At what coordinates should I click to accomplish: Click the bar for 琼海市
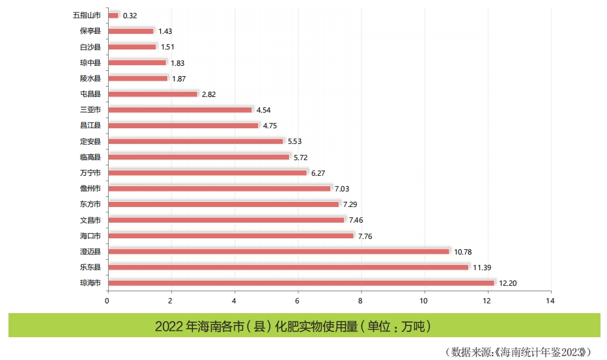pyautogui.click(x=301, y=283)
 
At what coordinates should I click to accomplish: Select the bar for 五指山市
pyautogui.click(x=113, y=15)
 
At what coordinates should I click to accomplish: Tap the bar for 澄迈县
pyautogui.click(x=278, y=251)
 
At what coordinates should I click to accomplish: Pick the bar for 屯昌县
pyautogui.click(x=152, y=94)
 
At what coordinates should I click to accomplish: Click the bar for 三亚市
pyautogui.click(x=180, y=109)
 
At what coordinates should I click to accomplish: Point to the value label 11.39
pyautogui.click(x=483, y=267)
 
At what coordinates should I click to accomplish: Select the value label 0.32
pyautogui.click(x=130, y=15)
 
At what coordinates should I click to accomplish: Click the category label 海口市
pyautogui.click(x=90, y=236)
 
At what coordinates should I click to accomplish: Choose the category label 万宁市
pyautogui.click(x=90, y=173)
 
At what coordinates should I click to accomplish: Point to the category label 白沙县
pyautogui.click(x=90, y=47)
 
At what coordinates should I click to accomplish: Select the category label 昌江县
pyautogui.click(x=90, y=125)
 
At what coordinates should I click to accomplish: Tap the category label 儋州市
pyautogui.click(x=90, y=188)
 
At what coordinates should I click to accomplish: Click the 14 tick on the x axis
pyautogui.click(x=551, y=301)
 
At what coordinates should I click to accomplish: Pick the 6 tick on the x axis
pyautogui.click(x=298, y=301)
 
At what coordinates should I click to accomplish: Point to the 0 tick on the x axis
pyautogui.click(x=107, y=301)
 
